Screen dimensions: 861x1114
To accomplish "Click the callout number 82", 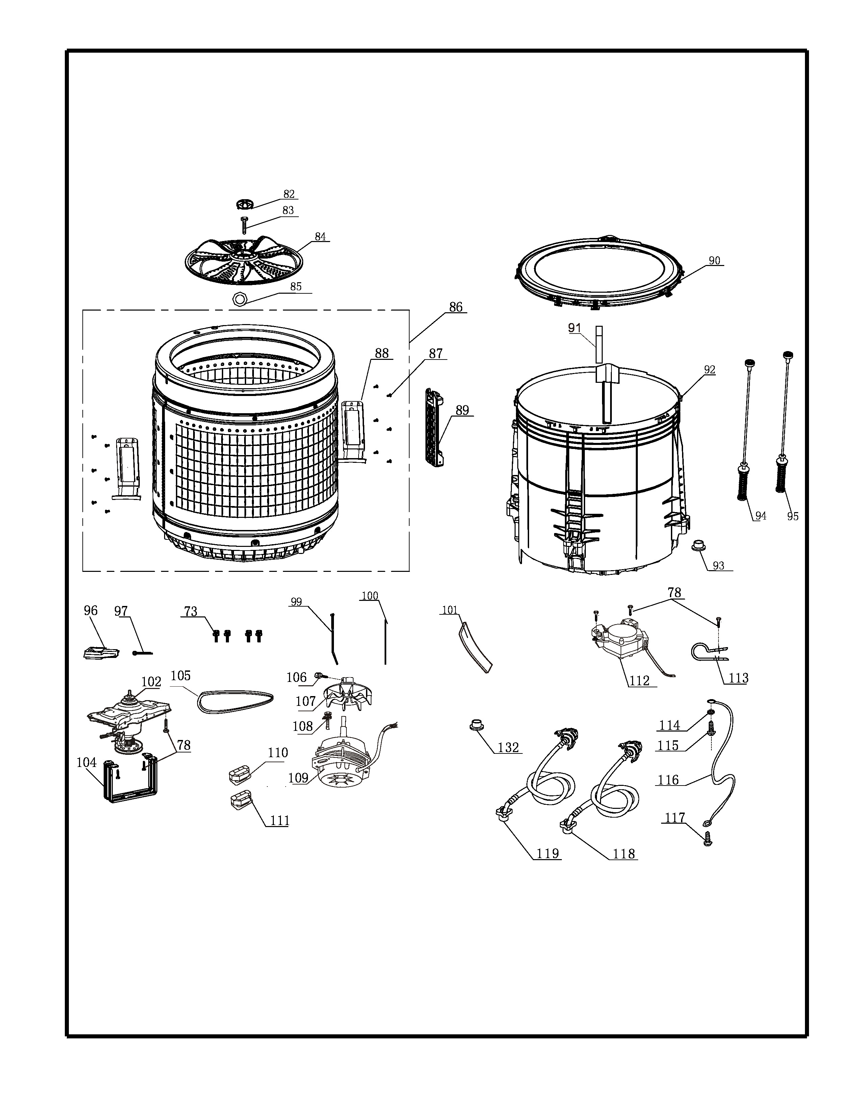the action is pyautogui.click(x=289, y=194).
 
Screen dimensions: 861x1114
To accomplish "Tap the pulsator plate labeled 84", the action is pyautogui.click(x=243, y=261).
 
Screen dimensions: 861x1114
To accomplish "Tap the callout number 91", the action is pyautogui.click(x=575, y=328).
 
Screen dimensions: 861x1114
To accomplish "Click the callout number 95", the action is pyautogui.click(x=792, y=516).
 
